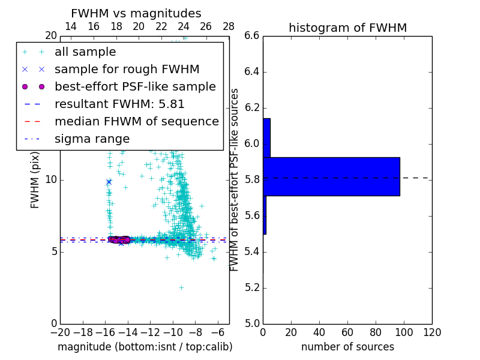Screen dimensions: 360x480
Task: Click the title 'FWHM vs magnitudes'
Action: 136,14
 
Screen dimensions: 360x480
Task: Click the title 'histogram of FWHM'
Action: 347,28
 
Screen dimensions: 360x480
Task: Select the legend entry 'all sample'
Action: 85,52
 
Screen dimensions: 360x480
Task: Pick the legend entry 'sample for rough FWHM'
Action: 127,69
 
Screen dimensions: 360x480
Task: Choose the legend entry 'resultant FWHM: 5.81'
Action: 119,104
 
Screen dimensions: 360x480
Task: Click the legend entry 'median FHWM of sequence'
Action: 136,121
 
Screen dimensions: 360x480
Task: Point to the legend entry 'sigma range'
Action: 92,139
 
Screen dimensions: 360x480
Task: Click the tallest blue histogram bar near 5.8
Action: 331,176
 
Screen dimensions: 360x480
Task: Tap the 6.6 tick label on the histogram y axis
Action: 252,36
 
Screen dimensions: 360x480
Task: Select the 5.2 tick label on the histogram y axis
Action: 252,288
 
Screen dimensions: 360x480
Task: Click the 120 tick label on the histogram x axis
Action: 431,332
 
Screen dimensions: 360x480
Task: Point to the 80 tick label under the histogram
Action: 376,332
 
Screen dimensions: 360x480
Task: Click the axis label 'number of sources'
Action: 347,347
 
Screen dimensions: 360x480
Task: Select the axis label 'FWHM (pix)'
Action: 35,180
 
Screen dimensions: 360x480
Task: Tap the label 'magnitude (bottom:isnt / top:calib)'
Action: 145,347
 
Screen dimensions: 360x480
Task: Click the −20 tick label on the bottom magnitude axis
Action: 60,332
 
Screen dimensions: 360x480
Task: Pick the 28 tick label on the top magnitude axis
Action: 229,26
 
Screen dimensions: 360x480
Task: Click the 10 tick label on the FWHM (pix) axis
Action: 50,180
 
